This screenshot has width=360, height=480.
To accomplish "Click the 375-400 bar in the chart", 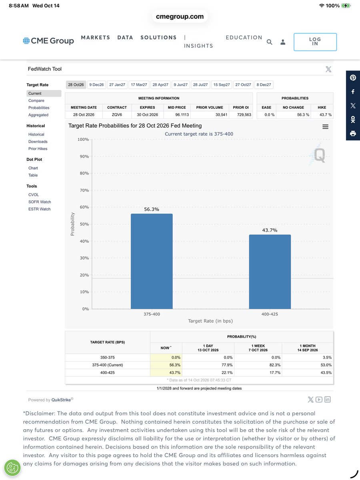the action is click(x=152, y=261).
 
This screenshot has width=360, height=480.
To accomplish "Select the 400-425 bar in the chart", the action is click(x=270, y=272).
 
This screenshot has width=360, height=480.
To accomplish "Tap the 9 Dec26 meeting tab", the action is click(x=96, y=85).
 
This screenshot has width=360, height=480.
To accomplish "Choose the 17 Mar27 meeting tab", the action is click(x=139, y=85).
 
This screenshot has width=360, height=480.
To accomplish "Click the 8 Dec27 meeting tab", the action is click(x=264, y=85).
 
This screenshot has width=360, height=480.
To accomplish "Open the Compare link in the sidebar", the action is click(x=36, y=100).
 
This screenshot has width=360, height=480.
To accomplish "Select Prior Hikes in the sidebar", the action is click(x=38, y=149).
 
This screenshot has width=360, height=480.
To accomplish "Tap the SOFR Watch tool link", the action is click(x=40, y=202).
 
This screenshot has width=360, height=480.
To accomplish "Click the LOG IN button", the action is click(x=315, y=42).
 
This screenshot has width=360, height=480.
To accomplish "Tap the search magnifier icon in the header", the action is click(x=269, y=42).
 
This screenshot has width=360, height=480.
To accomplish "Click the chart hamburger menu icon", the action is click(x=325, y=127).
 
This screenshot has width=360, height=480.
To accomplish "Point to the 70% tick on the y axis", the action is click(x=84, y=190).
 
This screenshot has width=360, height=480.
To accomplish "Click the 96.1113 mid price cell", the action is click(x=182, y=114).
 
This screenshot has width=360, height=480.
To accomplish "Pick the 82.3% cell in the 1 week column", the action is click(x=275, y=365).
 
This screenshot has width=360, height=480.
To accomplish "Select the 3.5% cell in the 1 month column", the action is click(x=327, y=357).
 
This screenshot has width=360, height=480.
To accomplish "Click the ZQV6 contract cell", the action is click(x=117, y=114).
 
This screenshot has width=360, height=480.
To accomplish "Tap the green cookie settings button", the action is click(x=12, y=468).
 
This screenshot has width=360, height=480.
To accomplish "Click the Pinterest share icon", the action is click(x=353, y=78).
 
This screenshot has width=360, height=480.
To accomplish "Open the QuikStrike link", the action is click(x=61, y=400).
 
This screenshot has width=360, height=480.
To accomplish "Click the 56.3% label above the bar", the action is click(x=152, y=209).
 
